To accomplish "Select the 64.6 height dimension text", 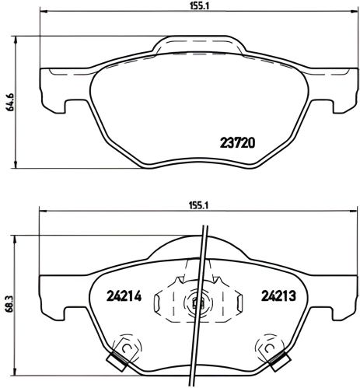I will coord(9,101).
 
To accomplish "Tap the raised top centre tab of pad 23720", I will coord(194,45).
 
